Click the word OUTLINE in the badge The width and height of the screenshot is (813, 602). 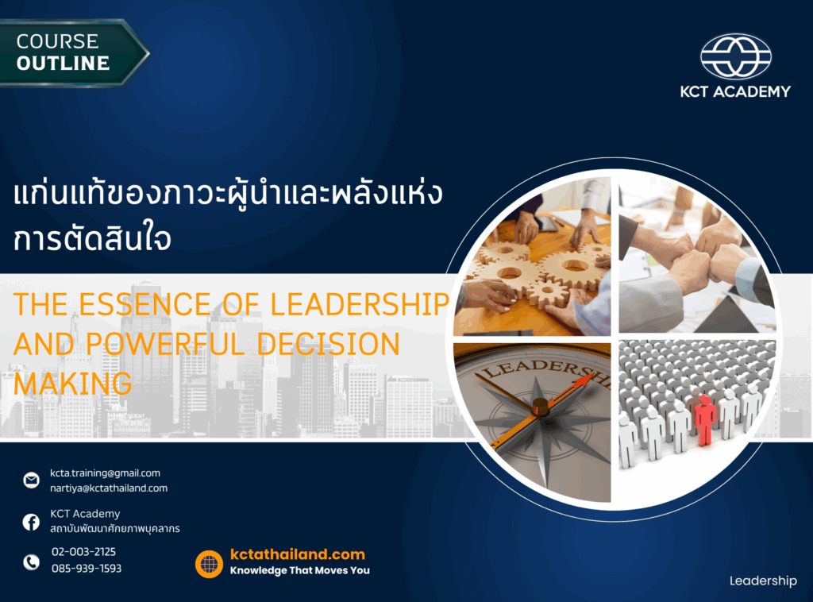click(x=63, y=64)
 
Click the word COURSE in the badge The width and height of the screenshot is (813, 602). click(x=57, y=41)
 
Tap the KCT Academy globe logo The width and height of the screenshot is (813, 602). click(x=736, y=56)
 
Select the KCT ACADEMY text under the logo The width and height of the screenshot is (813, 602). click(x=735, y=92)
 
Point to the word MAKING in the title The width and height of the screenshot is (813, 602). click(x=72, y=384)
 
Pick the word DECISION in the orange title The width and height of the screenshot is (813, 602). click(x=328, y=344)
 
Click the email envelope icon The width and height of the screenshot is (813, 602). click(x=31, y=480)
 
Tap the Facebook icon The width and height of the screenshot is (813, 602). click(x=31, y=522)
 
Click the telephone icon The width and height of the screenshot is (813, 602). click(x=31, y=561)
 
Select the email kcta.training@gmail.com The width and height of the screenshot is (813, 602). click(x=106, y=473)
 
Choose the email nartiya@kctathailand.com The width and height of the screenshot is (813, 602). click(x=109, y=488)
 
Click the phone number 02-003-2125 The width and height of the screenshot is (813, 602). click(x=84, y=552)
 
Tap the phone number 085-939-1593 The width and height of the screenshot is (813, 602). click(x=87, y=569)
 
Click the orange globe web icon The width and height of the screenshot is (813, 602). click(x=209, y=564)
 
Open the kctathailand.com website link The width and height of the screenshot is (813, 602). click(x=298, y=554)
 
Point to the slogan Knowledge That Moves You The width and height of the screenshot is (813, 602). click(x=299, y=570)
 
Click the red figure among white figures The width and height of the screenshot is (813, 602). click(x=704, y=420)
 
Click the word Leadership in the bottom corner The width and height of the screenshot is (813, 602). click(x=763, y=581)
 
